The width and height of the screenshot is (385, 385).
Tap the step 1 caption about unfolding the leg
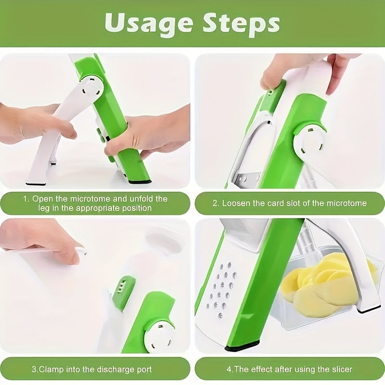click(x=96, y=203)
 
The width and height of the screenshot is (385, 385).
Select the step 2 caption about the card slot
click(x=289, y=203)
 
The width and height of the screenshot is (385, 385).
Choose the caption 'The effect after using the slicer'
click(x=289, y=370)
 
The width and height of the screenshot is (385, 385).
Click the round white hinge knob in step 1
click(x=90, y=89)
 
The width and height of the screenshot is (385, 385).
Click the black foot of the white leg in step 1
click(x=36, y=182)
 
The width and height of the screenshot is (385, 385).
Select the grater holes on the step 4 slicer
click(x=221, y=289)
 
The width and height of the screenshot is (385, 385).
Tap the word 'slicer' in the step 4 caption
click(x=340, y=370)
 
